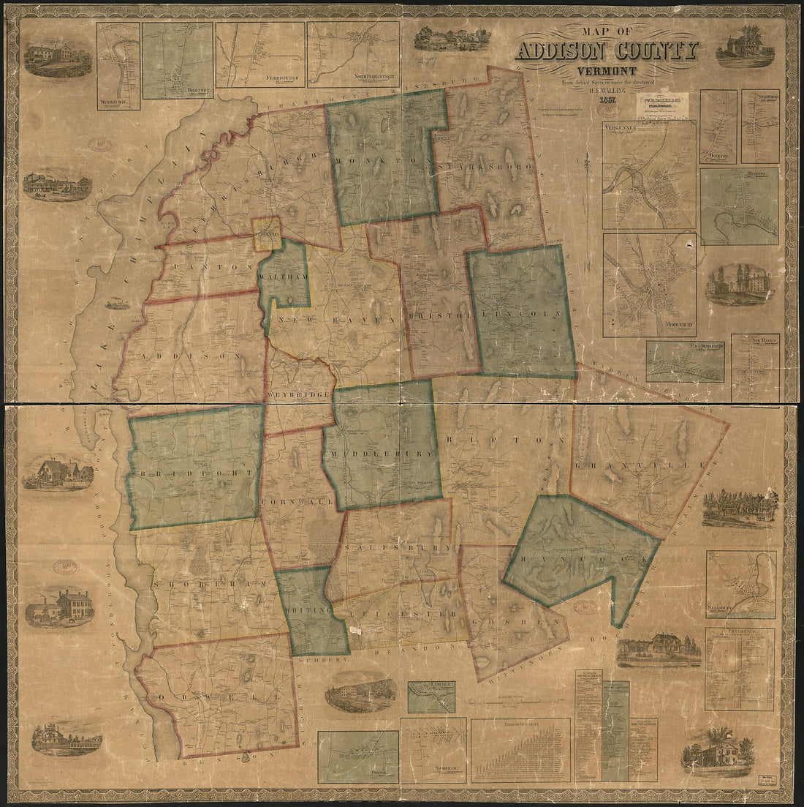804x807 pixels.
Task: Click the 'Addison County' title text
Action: pyautogui.click(x=606, y=51)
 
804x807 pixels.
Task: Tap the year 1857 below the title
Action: pyautogui.click(x=604, y=100)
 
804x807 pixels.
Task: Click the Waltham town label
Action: pyautogui.click(x=284, y=279)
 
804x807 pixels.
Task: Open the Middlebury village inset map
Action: pyautogui.click(x=649, y=285)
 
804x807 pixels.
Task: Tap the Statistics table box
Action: pyautogui.click(x=740, y=669)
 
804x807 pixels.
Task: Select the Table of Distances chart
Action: pyautogui.click(x=520, y=750)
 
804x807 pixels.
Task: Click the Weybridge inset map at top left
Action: pyautogui.click(x=118, y=66)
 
